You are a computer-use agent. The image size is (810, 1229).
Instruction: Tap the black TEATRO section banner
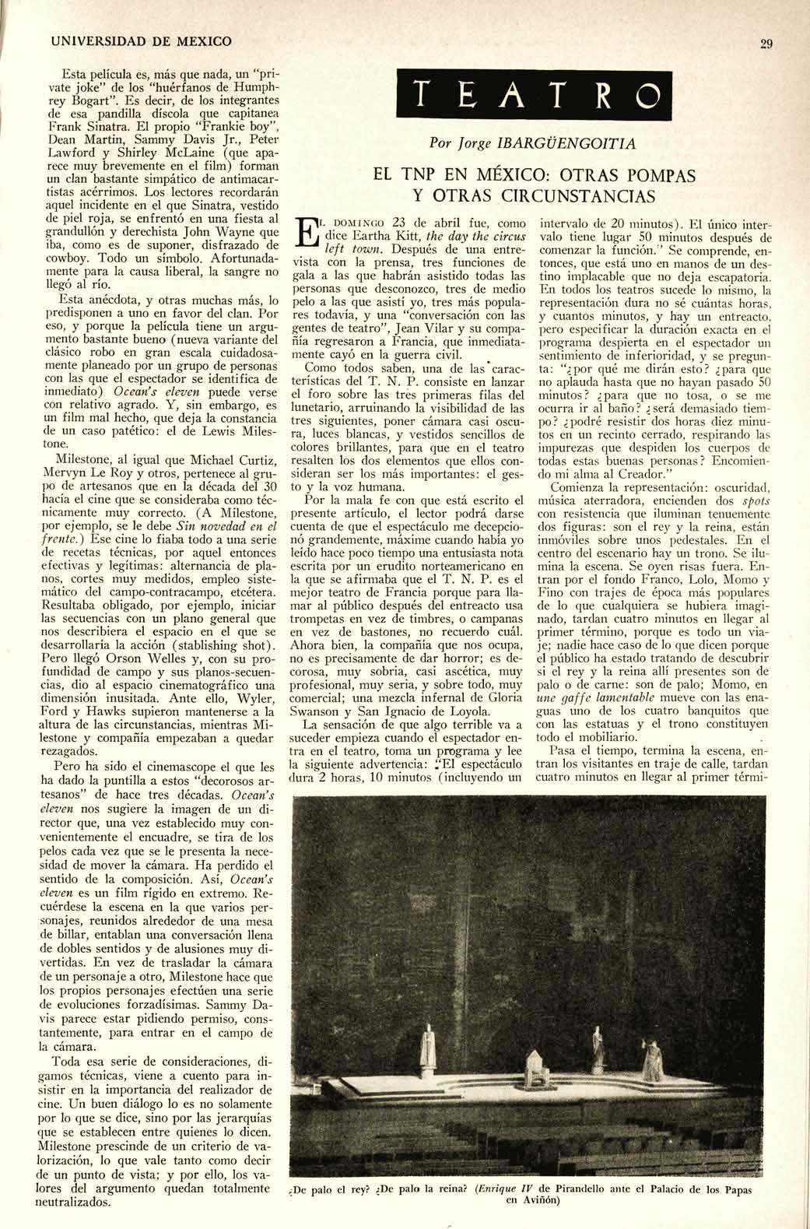(531, 97)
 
